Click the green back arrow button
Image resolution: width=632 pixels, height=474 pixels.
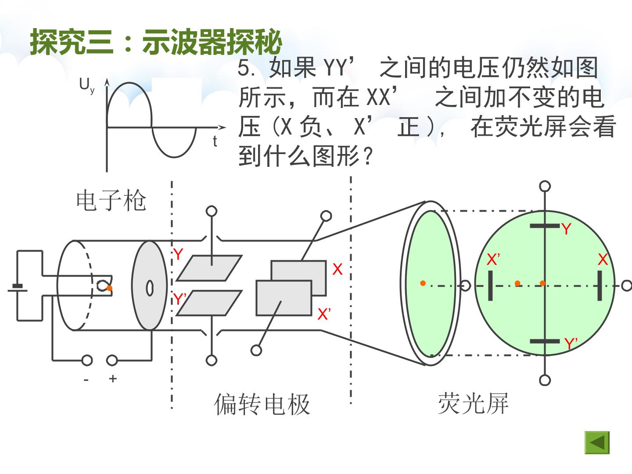(x=597, y=443)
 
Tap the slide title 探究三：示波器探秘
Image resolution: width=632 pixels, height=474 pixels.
(x=155, y=42)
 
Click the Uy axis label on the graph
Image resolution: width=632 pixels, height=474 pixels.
(x=86, y=86)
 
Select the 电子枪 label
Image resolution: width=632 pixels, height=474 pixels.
(x=111, y=200)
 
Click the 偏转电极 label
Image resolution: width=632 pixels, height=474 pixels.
(x=262, y=404)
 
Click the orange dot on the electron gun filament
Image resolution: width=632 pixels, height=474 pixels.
(x=109, y=288)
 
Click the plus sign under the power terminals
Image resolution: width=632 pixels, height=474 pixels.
(x=113, y=378)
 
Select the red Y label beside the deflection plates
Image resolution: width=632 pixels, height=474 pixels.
(x=178, y=254)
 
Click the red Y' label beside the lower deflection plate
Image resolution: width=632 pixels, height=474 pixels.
(x=180, y=299)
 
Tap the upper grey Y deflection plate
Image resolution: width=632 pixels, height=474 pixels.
(x=209, y=268)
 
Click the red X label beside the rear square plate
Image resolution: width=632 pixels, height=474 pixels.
(x=337, y=269)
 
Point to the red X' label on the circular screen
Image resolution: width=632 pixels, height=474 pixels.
(x=493, y=259)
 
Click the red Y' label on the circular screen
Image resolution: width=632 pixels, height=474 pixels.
(x=571, y=343)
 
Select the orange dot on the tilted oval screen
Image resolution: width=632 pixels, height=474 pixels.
(x=423, y=283)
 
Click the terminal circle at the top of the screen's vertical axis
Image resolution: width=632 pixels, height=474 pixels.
(x=545, y=186)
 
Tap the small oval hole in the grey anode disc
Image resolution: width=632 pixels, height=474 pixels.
(x=149, y=288)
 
